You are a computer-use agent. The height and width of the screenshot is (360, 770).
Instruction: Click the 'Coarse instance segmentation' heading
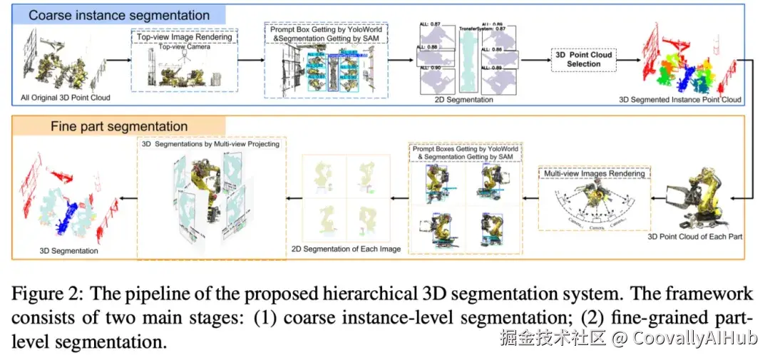(119, 14)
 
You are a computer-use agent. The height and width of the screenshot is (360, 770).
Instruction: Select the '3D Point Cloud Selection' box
(584, 59)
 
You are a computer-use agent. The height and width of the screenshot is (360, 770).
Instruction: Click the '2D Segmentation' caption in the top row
(463, 100)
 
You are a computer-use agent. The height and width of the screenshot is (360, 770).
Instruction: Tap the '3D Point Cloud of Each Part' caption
(695, 236)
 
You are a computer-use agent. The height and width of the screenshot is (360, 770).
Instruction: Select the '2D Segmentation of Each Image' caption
(346, 249)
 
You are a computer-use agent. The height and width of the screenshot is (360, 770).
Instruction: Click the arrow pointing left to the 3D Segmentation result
(127, 192)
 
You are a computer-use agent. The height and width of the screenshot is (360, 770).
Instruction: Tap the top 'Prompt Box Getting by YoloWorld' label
(327, 29)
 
